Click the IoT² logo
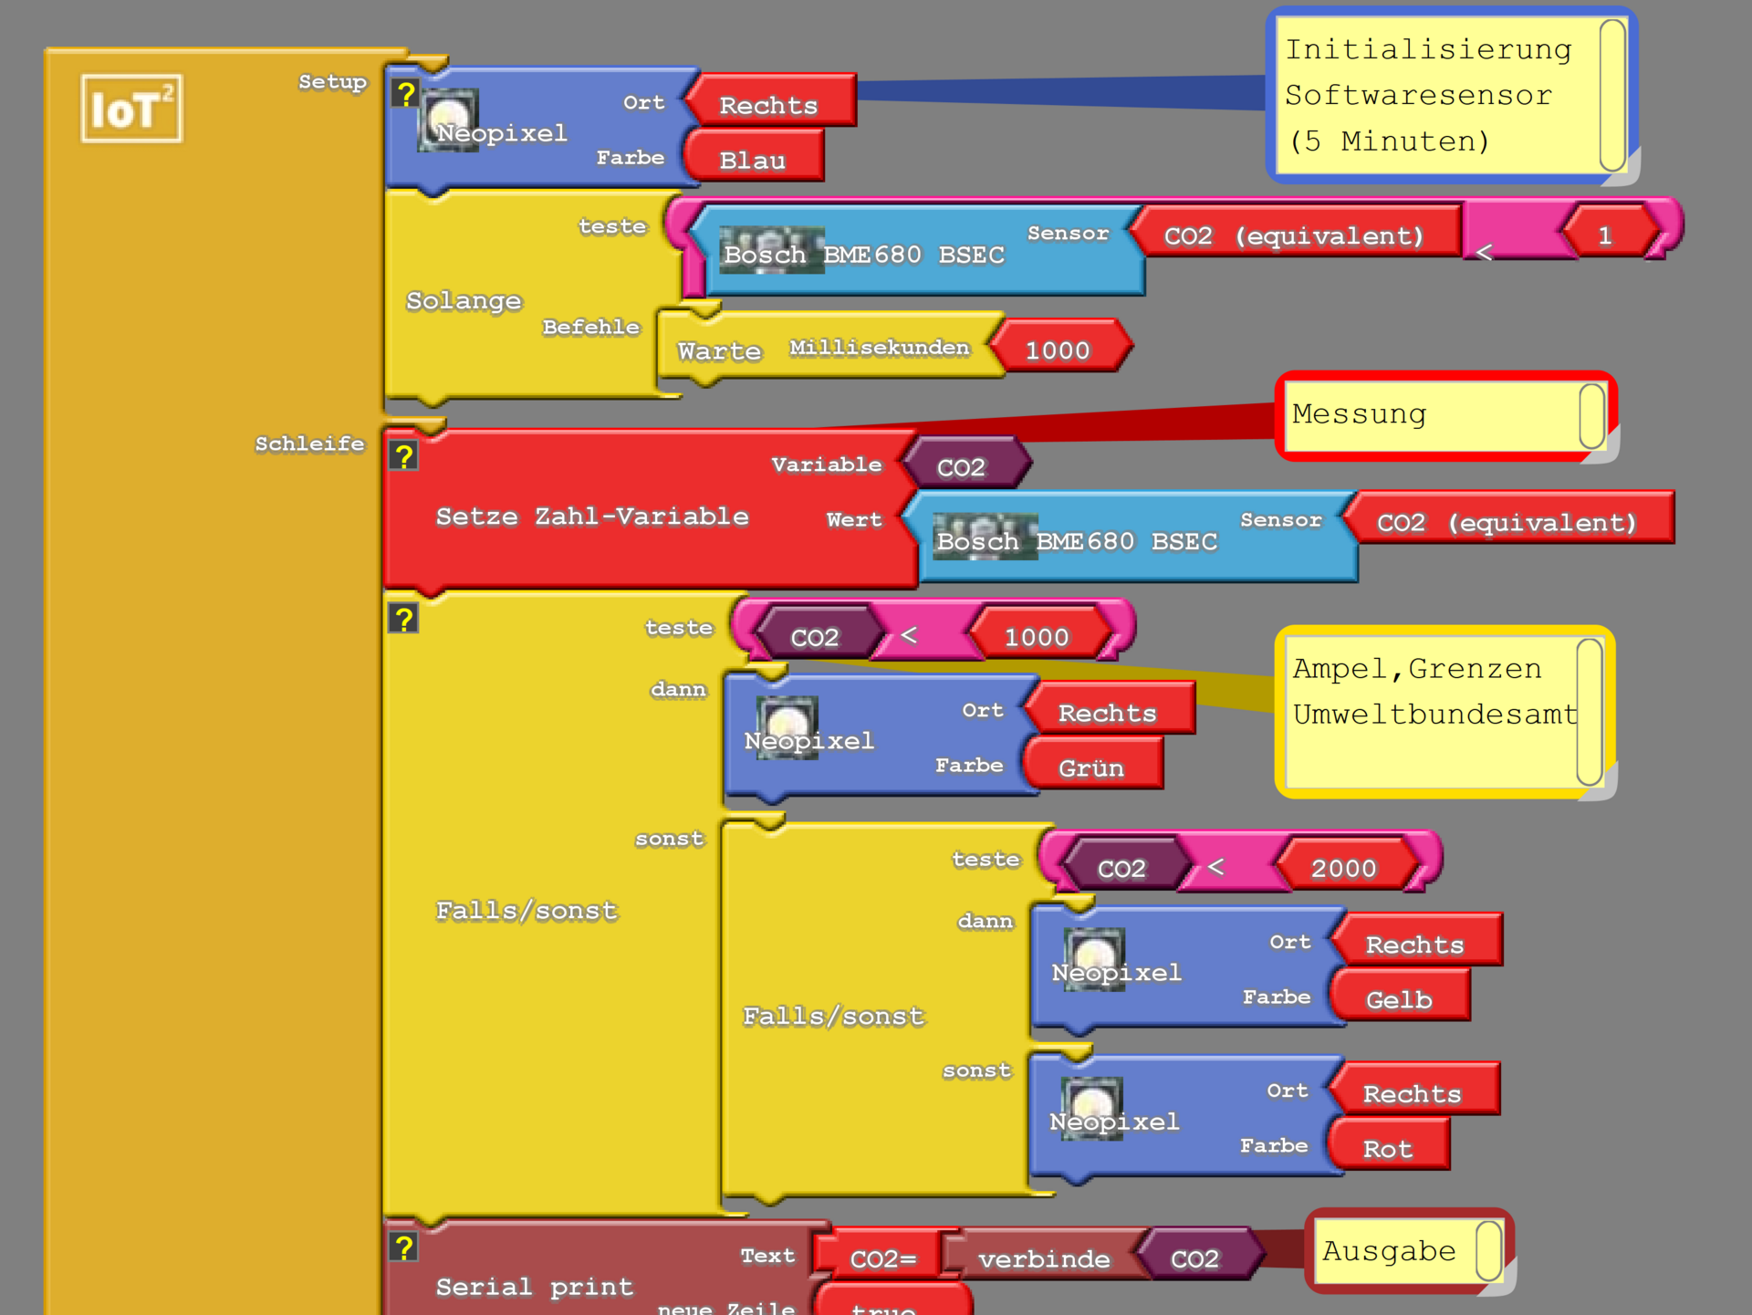131,110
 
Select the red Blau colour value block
754,160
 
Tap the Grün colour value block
1091,767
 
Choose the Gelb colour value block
1399,999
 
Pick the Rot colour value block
1388,1148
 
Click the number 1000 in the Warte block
1058,350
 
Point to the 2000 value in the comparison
1343,868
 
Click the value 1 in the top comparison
1605,235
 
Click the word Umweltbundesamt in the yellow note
1434,714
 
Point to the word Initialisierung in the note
1428,49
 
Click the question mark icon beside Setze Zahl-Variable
403,456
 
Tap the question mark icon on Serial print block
403,1247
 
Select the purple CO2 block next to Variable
963,466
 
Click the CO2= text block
882,1258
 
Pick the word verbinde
1044,1259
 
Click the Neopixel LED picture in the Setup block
449,119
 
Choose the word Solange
464,300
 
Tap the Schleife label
309,444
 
